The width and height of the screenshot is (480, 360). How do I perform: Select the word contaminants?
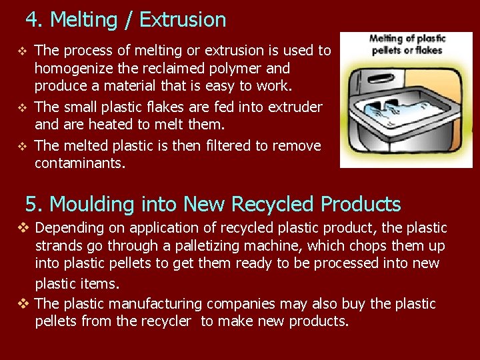click(x=79, y=163)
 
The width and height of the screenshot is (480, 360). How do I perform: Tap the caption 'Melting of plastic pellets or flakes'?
click(x=407, y=44)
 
